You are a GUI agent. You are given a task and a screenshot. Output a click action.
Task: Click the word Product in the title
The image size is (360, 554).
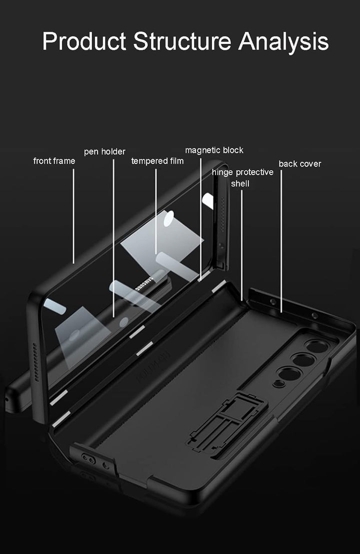click(84, 41)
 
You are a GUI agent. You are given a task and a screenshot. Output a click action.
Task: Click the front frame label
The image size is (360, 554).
click(54, 161)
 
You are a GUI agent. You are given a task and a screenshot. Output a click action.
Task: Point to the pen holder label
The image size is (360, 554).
click(104, 151)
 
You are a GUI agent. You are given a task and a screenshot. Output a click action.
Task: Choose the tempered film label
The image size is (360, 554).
click(157, 161)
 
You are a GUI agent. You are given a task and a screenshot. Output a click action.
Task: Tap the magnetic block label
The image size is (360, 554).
click(214, 150)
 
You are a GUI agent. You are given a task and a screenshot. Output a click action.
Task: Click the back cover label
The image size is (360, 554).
click(300, 164)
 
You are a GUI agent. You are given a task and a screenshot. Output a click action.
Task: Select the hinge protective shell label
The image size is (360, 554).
click(242, 177)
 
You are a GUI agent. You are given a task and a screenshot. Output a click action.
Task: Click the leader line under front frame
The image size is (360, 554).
click(74, 215)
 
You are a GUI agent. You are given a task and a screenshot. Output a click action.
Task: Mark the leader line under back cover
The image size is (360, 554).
click(281, 240)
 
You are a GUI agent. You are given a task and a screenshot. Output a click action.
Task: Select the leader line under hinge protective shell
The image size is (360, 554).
click(242, 245)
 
